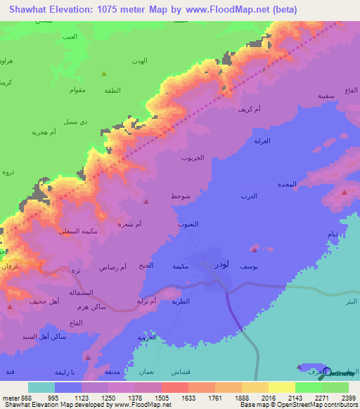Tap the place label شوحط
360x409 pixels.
click(x=181, y=197)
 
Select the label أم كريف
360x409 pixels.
click(x=249, y=110)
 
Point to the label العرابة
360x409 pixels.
click(x=262, y=141)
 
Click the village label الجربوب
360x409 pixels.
click(x=193, y=157)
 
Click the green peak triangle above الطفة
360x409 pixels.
click(x=105, y=73)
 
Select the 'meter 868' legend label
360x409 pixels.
click(x=13, y=397)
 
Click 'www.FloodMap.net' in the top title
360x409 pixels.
click(x=228, y=10)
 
